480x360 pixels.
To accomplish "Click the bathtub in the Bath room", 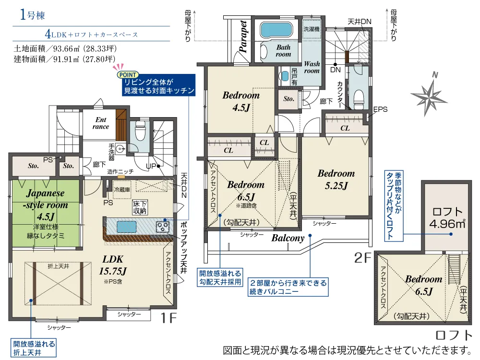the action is [276, 30].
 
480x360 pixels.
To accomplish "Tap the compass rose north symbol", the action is [429, 95].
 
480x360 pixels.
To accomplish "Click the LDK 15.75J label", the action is [113, 265].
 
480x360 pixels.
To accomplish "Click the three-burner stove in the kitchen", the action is [163, 227].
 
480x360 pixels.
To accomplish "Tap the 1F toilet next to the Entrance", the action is [140, 131].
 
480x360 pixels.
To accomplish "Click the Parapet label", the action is [243, 36].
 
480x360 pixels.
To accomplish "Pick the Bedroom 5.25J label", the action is [336, 180].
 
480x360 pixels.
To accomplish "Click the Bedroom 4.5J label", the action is [241, 101].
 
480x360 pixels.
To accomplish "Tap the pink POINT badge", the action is [128, 75].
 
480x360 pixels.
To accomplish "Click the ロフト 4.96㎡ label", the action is [447, 218].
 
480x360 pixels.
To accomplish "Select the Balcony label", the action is [288, 238].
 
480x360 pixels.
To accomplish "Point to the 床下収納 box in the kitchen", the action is [140, 207].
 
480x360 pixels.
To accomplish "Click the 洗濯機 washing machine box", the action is [312, 29].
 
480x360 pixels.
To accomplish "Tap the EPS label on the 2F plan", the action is [380, 109].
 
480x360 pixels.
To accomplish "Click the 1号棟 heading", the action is [33, 15].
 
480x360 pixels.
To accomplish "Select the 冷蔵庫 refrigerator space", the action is [122, 190].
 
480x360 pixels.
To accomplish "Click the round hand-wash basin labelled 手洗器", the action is [121, 149].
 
